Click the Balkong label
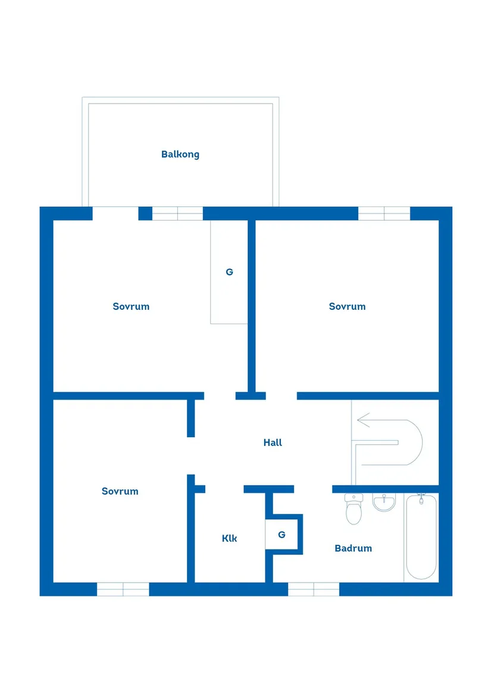coord(180,155)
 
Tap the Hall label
coord(273,442)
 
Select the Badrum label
coord(353,548)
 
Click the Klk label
coord(229,538)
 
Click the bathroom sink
coord(384,503)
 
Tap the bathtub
coord(421,538)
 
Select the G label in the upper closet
coord(229,272)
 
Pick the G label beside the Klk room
coord(282,535)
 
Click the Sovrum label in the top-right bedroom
coord(347,306)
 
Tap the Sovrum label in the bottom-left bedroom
coord(120,491)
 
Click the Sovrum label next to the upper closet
coord(131,306)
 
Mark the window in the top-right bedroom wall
coord(384,213)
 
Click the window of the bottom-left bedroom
coord(123,589)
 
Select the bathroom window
coord(314,589)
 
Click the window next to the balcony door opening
coord(177,213)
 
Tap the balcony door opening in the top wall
coord(115,213)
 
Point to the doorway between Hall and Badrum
coord(313,489)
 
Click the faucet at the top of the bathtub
coord(421,497)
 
